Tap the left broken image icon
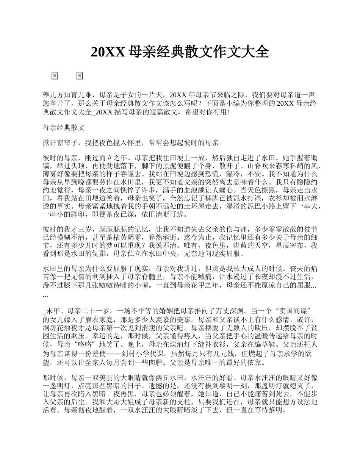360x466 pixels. pos(55,76)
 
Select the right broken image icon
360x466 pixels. pos(80,76)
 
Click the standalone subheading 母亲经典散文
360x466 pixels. pos(64,128)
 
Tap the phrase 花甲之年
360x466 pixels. pos(206,285)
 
